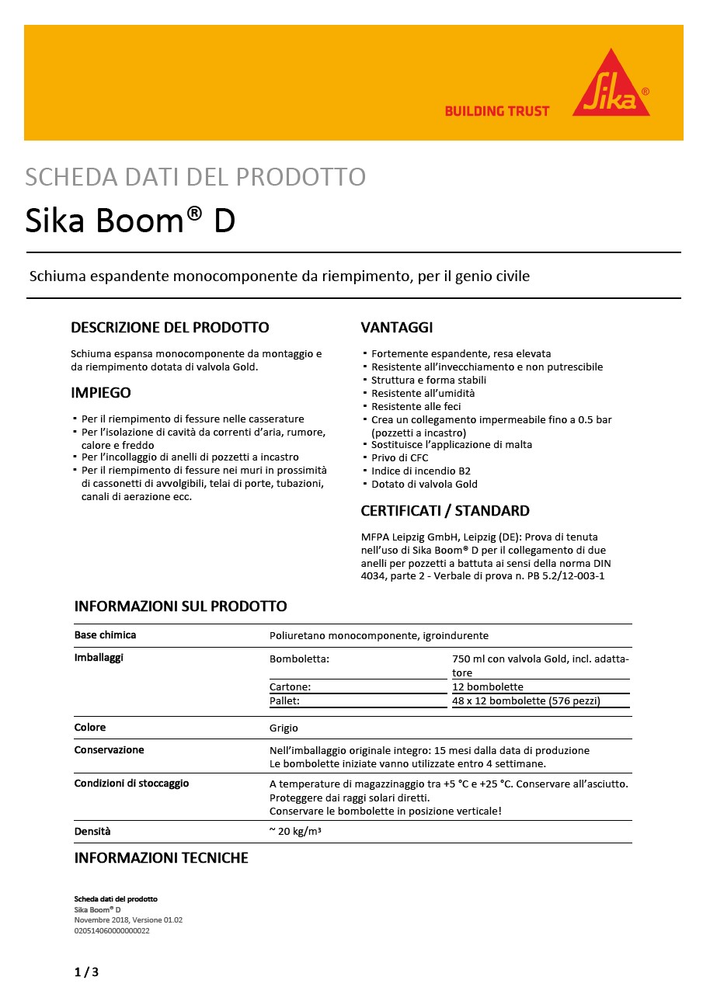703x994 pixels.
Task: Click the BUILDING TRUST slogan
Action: [496, 111]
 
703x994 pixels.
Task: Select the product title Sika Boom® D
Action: [130, 221]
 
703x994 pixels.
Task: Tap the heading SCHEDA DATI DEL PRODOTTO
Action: [195, 177]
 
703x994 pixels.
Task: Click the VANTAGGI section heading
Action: [397, 327]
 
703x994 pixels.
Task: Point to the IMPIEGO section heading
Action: [101, 392]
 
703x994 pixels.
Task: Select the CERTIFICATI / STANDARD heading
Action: [445, 511]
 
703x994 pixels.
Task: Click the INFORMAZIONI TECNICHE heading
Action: [161, 858]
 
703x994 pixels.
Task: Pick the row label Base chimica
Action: [105, 635]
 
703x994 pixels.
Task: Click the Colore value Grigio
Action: [284, 728]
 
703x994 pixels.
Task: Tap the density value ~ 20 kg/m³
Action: [295, 832]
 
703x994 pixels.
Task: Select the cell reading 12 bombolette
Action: [488, 686]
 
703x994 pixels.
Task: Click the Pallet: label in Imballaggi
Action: [284, 700]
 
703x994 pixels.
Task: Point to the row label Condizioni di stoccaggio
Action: [131, 784]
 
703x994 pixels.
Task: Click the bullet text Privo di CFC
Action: [399, 458]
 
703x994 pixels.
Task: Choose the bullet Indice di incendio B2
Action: [420, 471]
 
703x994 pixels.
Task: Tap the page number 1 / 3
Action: [86, 972]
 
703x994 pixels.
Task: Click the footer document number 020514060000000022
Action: [112, 930]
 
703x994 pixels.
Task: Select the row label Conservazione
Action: [109, 750]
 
